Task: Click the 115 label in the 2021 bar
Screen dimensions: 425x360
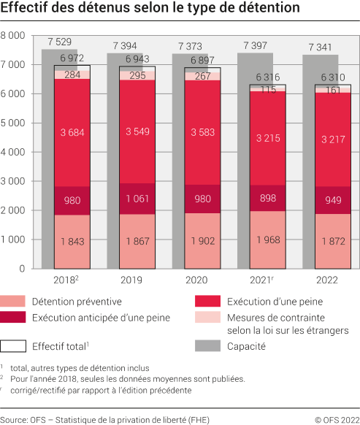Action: point(259,88)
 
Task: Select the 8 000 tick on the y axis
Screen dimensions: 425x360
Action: point(14,36)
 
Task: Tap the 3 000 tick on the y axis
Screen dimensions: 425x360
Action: point(14,181)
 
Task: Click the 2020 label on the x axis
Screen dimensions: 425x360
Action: point(196,280)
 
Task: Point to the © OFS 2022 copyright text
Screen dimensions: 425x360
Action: point(335,419)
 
